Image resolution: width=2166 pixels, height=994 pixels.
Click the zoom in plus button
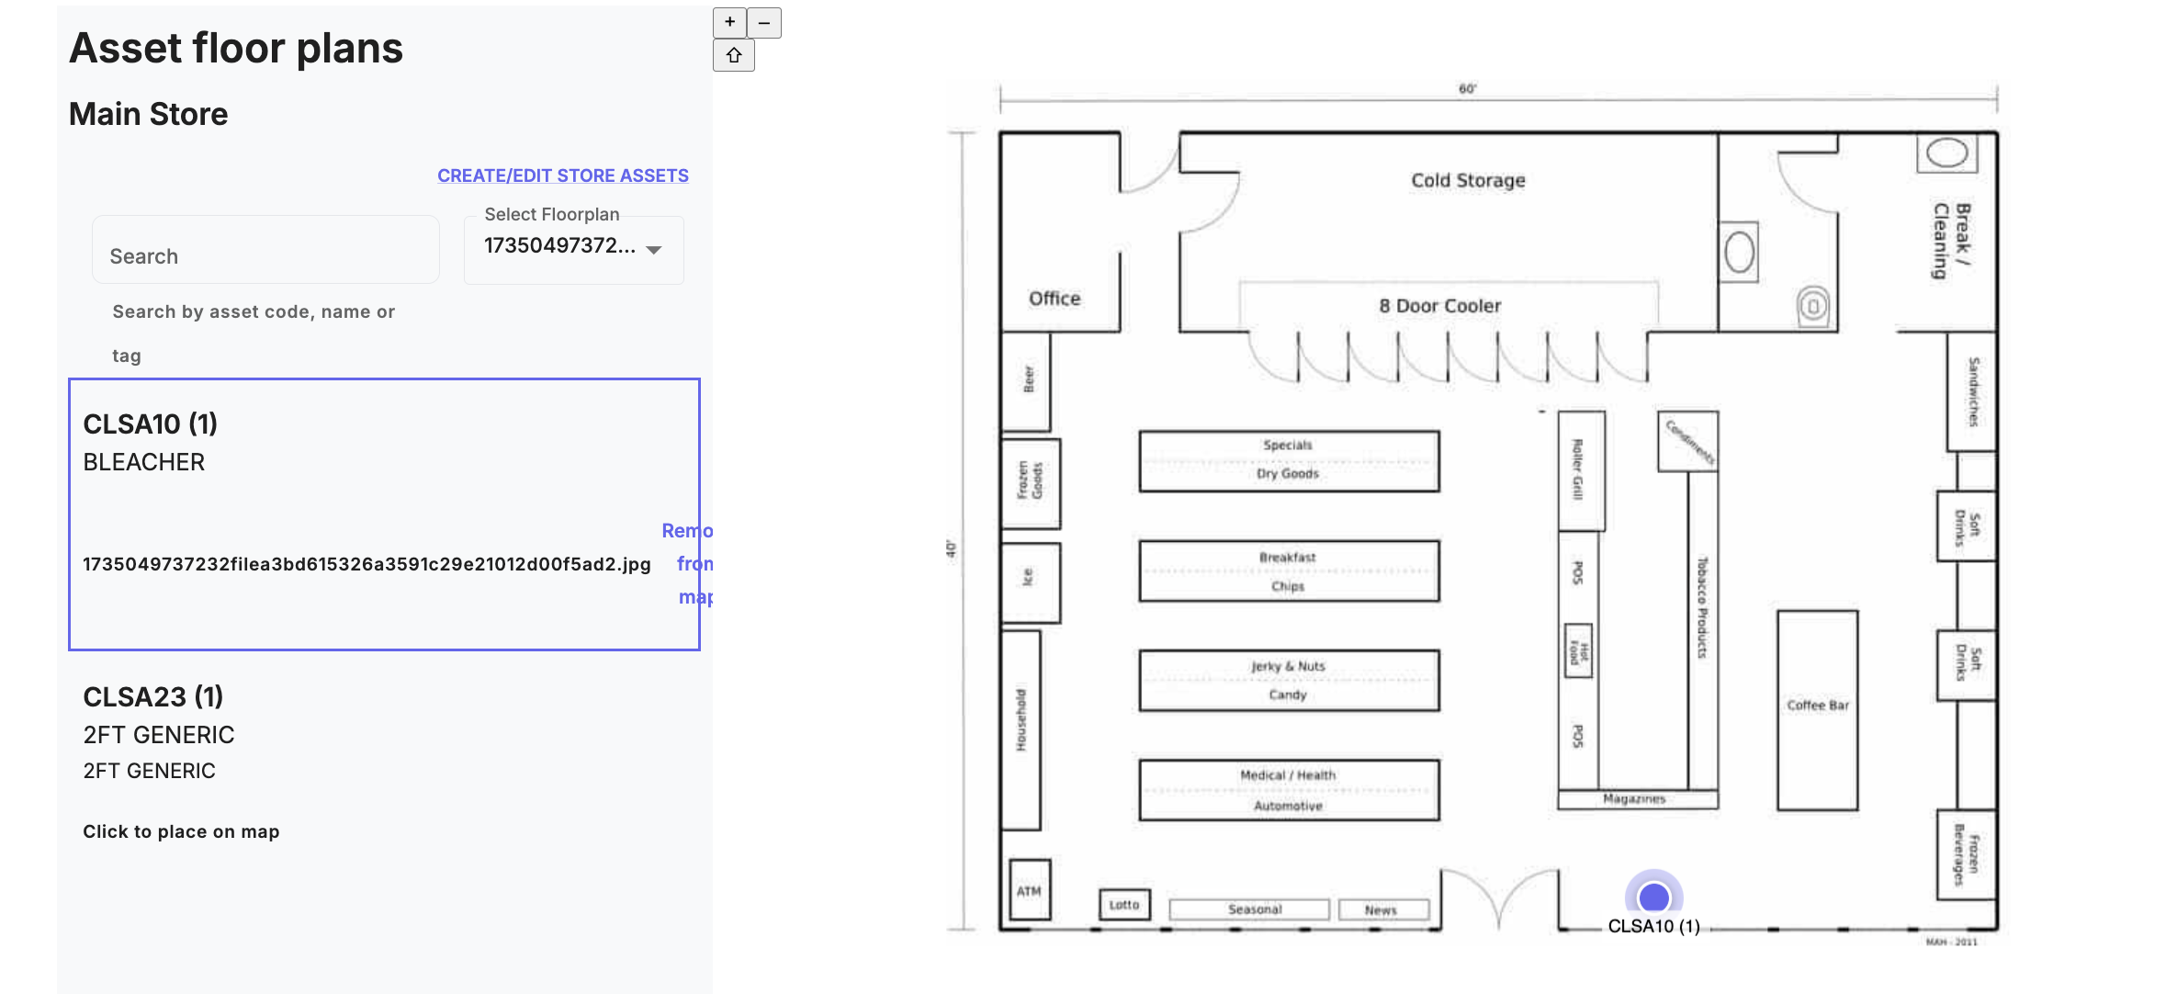[729, 22]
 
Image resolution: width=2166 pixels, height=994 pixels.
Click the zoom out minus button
[764, 22]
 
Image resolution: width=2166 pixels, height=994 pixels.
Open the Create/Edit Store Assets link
[562, 175]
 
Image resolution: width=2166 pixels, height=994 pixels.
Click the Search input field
[265, 255]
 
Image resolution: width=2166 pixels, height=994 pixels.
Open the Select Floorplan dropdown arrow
[654, 250]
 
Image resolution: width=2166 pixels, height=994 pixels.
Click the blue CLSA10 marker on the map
[1653, 897]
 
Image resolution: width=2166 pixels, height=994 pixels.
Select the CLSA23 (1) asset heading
[153, 696]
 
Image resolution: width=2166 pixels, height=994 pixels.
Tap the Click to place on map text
[181, 831]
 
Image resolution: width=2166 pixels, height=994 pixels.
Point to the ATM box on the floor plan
[1029, 890]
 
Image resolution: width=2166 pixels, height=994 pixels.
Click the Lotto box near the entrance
[1124, 905]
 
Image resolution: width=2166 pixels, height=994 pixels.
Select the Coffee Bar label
[1817, 706]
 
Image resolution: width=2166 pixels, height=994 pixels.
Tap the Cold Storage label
[1468, 180]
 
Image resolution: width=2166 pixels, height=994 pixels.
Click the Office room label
[1055, 299]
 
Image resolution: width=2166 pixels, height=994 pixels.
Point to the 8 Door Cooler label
[1439, 306]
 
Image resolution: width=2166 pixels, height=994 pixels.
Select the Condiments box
[1688, 441]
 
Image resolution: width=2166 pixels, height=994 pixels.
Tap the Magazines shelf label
[1634, 799]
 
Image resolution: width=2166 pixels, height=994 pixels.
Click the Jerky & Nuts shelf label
[1288, 666]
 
